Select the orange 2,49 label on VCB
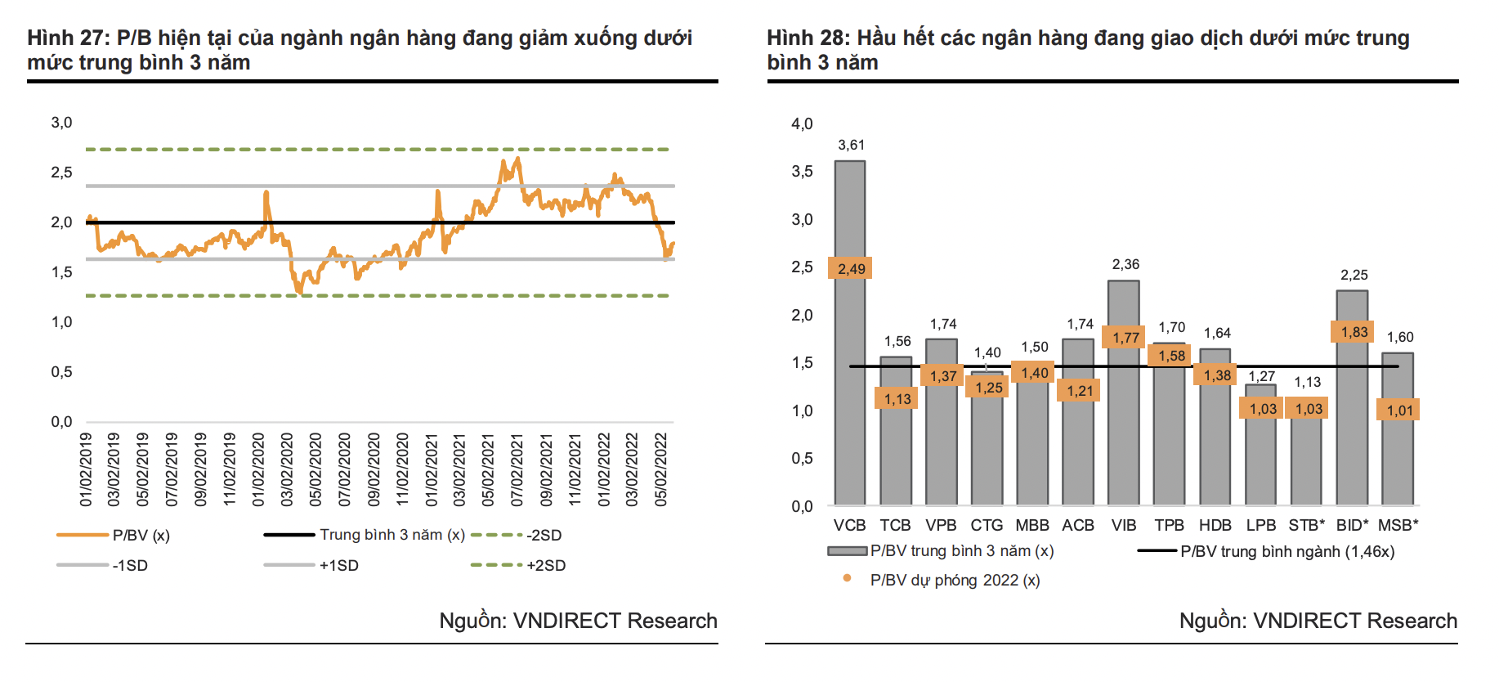tap(851, 268)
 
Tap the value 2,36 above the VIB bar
tap(1125, 264)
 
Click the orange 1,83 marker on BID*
tap(1354, 331)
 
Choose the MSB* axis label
tap(1398, 525)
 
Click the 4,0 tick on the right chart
tap(802, 123)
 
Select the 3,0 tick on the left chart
tap(61, 123)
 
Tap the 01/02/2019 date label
tap(86, 469)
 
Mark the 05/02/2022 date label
tap(661, 469)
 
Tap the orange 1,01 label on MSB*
tap(1399, 410)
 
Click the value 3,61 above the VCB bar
tap(851, 145)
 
